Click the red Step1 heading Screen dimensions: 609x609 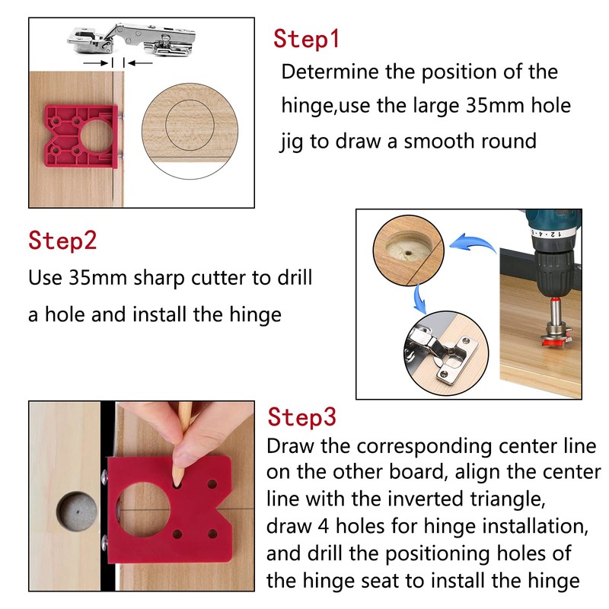(x=306, y=39)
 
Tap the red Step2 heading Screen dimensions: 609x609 (x=62, y=241)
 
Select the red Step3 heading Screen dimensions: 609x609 (x=301, y=416)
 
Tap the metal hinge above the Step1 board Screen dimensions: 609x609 (x=131, y=40)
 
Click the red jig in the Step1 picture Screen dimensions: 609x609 (x=81, y=136)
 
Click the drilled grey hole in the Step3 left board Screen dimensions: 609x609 (x=76, y=511)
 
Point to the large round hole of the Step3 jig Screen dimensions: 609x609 (x=143, y=509)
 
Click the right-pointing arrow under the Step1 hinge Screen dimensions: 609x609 (x=96, y=63)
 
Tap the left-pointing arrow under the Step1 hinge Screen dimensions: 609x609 (x=141, y=63)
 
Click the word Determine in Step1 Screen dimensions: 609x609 (x=330, y=72)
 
